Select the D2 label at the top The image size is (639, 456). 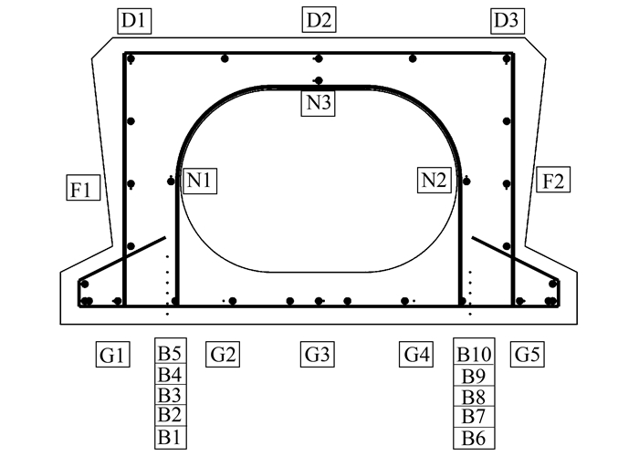[x=318, y=19]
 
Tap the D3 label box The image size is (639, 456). [x=505, y=19]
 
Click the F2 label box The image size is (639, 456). [x=552, y=180]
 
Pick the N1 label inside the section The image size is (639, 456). [x=200, y=181]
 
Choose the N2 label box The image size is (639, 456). [x=435, y=181]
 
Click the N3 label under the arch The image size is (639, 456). [x=318, y=103]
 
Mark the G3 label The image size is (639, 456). [x=318, y=354]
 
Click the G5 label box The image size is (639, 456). [x=526, y=354]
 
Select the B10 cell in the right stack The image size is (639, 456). [x=475, y=354]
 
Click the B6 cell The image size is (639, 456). [x=475, y=438]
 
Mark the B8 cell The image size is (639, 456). [x=475, y=396]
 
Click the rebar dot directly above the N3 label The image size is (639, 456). [x=318, y=81]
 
